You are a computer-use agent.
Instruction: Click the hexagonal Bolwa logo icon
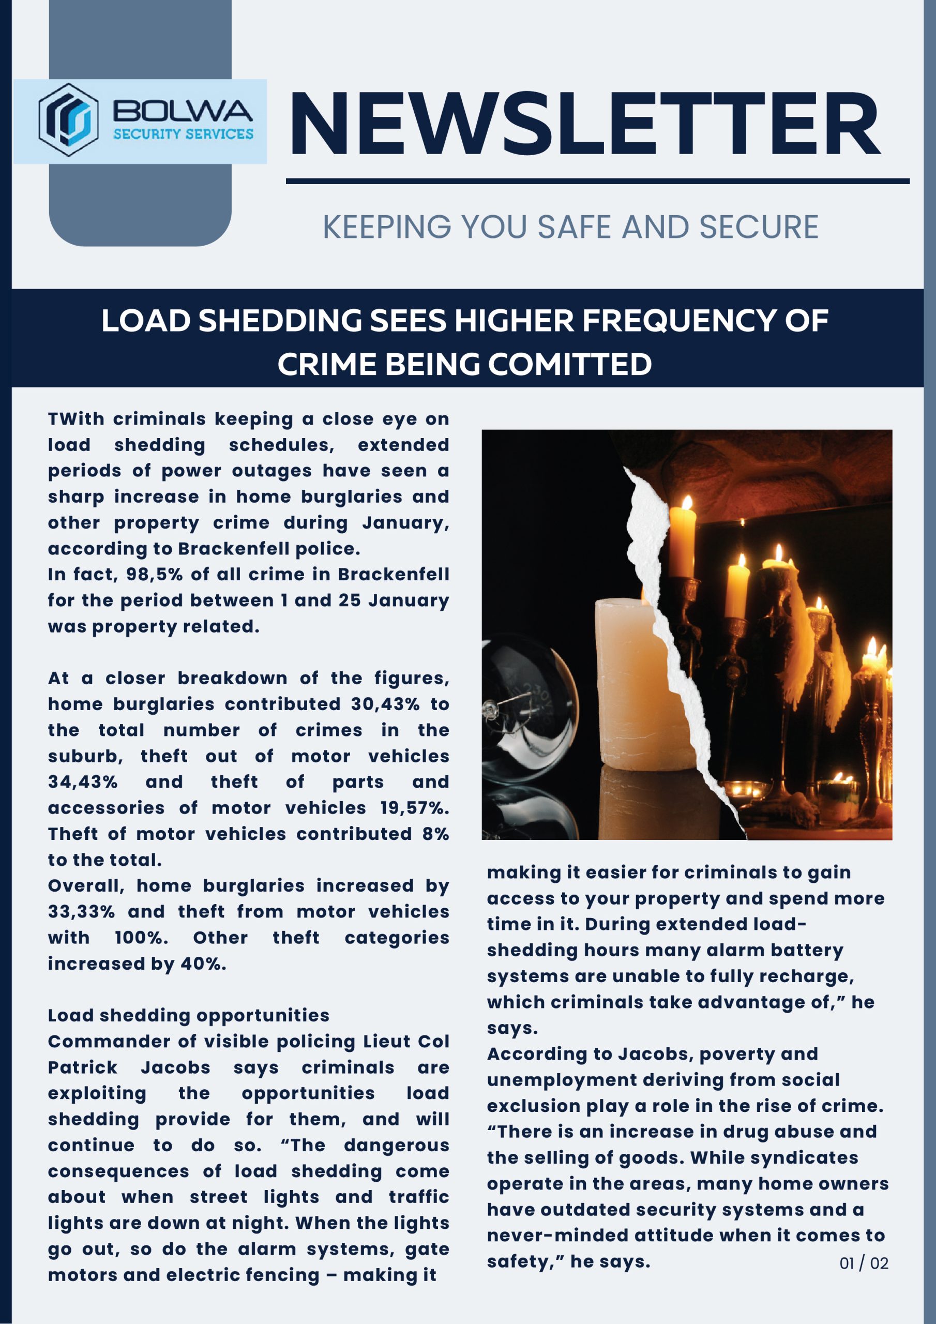click(68, 120)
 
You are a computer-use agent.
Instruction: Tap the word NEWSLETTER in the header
click(584, 125)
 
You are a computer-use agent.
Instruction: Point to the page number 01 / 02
click(863, 1263)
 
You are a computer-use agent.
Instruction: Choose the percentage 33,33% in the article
click(81, 912)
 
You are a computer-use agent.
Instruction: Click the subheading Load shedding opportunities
click(189, 1015)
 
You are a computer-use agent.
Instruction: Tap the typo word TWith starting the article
click(76, 419)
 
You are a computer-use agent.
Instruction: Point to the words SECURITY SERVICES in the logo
click(183, 134)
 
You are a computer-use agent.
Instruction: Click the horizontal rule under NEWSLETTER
click(597, 181)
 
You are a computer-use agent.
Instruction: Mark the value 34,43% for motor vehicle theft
click(82, 782)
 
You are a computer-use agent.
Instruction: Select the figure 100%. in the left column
click(141, 938)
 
